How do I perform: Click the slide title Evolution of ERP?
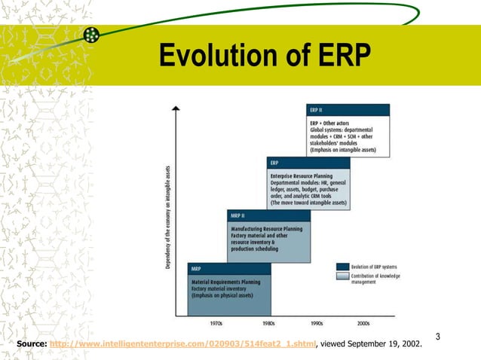(265, 56)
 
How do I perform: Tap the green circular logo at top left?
(91, 35)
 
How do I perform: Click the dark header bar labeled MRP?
(229, 268)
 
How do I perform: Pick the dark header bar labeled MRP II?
(268, 215)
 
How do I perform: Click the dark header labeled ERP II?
(348, 109)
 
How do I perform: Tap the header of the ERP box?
(308, 162)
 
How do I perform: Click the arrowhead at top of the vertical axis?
(176, 109)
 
